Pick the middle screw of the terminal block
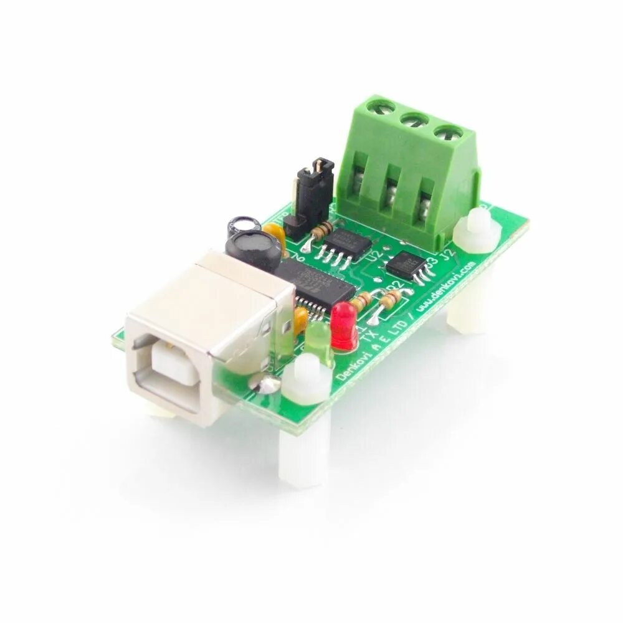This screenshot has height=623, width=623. pos(414,120)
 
